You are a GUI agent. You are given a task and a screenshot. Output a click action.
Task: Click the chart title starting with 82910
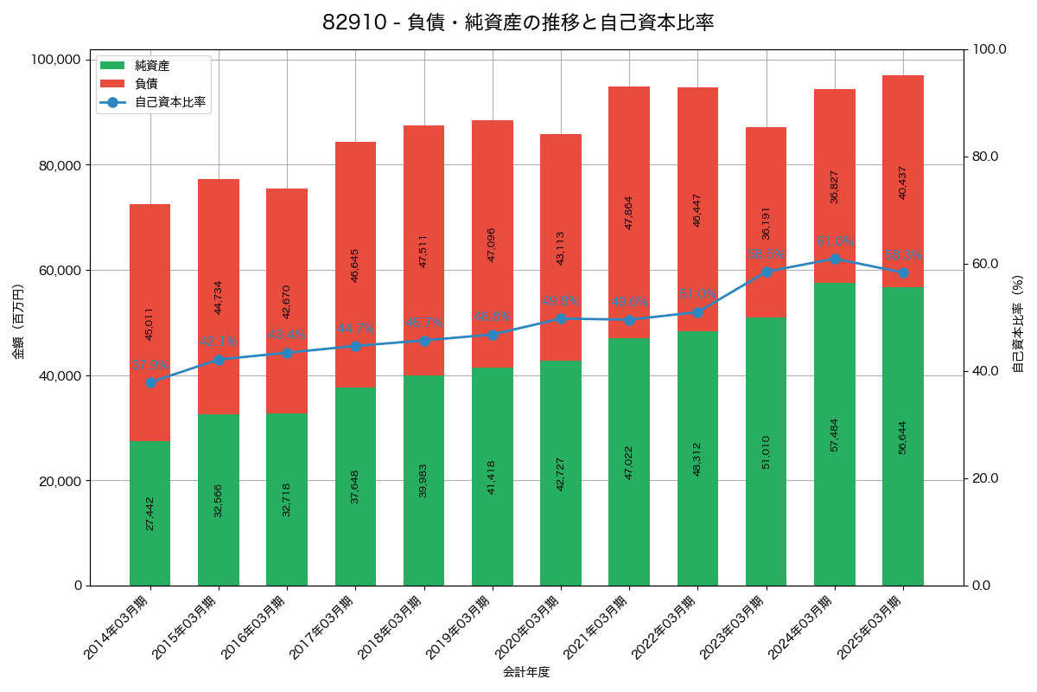[x=518, y=22]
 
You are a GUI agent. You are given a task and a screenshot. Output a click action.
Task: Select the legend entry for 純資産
[x=152, y=66]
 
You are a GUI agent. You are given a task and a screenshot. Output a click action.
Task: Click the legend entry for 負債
[x=146, y=84]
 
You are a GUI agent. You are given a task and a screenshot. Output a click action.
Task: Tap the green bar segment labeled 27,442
[x=150, y=513]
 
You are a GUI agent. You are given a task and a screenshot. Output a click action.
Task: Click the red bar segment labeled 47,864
[x=629, y=212]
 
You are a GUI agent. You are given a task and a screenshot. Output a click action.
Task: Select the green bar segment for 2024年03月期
[x=835, y=434]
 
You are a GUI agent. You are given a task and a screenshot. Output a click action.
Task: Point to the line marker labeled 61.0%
[x=835, y=259]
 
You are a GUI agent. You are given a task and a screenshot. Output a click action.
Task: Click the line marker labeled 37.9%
[x=150, y=382]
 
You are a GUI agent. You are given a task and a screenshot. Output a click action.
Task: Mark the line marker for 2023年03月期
[x=767, y=272]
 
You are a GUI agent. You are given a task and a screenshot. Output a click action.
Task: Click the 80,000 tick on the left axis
[x=54, y=165]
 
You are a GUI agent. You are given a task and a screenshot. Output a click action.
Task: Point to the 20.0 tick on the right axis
[x=984, y=478]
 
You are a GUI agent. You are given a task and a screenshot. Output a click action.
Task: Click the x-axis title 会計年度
[x=526, y=671]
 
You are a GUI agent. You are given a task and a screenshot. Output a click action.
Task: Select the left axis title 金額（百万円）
[x=18, y=322]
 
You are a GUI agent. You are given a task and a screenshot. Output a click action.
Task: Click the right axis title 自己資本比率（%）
[x=1018, y=322]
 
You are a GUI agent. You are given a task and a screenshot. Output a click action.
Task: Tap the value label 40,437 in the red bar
[x=903, y=183]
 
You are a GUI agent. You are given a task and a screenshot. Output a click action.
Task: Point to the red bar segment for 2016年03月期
[x=287, y=301]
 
